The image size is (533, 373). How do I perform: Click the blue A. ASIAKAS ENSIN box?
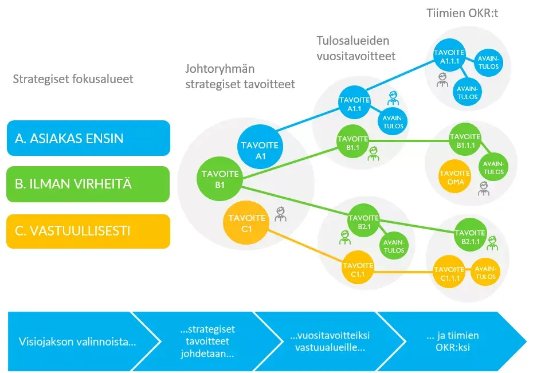[x=88, y=138]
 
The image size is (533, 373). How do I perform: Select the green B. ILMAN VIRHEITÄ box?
[x=88, y=184]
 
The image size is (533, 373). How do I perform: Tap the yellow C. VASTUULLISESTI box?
[x=88, y=231]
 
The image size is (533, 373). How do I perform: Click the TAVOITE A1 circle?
[x=260, y=150]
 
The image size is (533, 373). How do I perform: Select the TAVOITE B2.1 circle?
[x=364, y=222]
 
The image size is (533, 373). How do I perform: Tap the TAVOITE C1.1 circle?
[x=358, y=269]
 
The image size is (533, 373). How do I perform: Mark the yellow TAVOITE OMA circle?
[x=456, y=176]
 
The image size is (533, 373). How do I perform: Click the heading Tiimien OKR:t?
[x=463, y=13]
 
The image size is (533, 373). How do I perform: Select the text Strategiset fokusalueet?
[x=73, y=78]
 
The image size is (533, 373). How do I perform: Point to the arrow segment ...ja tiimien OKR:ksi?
[x=456, y=341]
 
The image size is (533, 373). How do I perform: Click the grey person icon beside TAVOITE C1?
[x=280, y=214]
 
